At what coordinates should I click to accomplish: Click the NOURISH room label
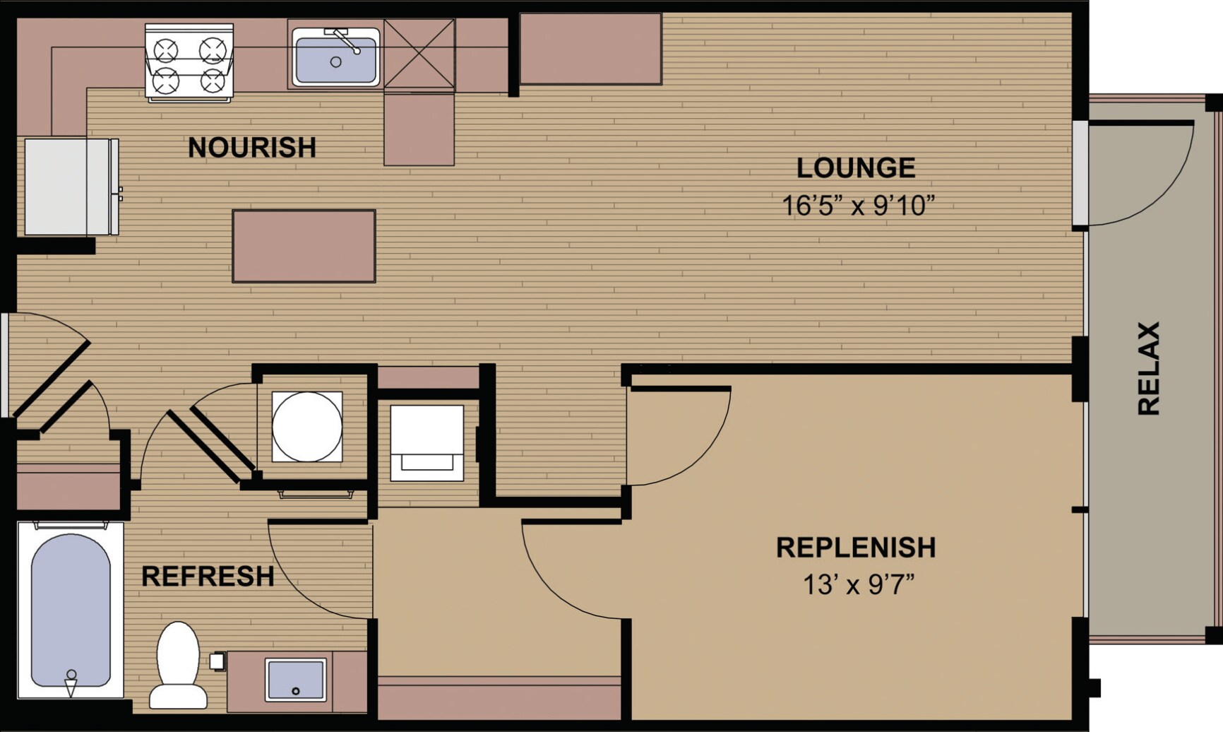pyautogui.click(x=251, y=148)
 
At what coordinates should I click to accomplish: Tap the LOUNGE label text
pyautogui.click(x=856, y=168)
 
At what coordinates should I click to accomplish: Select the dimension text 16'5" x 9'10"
pyautogui.click(x=857, y=206)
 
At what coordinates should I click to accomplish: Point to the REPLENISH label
pyautogui.click(x=856, y=548)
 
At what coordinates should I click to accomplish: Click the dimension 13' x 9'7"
pyautogui.click(x=858, y=585)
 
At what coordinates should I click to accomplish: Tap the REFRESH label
pyautogui.click(x=208, y=577)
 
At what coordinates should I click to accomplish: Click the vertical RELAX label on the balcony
pyautogui.click(x=1149, y=368)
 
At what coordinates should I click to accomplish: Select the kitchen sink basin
pyautogui.click(x=336, y=61)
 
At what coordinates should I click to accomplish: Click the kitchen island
pyautogui.click(x=304, y=246)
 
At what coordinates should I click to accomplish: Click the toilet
pyautogui.click(x=178, y=664)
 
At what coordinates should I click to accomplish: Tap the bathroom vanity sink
pyautogui.click(x=296, y=680)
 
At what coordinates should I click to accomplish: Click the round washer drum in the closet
pyautogui.click(x=307, y=427)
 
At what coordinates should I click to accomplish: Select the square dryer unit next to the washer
pyautogui.click(x=427, y=443)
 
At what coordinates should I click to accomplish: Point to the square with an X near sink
pyautogui.click(x=419, y=54)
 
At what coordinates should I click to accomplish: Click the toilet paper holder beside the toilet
pyautogui.click(x=217, y=661)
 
